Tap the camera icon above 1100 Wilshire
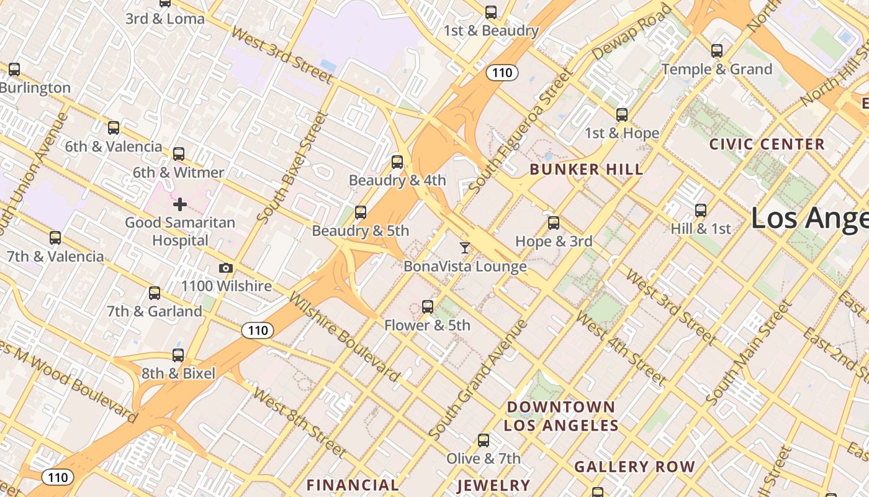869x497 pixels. [x=226, y=268]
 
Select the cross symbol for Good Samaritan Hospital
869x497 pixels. [x=180, y=204]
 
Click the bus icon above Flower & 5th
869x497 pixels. [x=427, y=306]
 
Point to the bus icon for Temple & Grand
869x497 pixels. [x=717, y=51]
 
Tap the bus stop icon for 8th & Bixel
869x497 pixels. [x=178, y=355]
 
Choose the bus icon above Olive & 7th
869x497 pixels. [x=484, y=440]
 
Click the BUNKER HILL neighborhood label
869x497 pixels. [x=586, y=170]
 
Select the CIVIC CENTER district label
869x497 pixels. [x=767, y=145]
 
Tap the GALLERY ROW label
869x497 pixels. [x=634, y=467]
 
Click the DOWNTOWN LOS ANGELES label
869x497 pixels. [x=561, y=416]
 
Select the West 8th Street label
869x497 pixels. [x=299, y=422]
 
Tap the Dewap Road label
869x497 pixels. [x=632, y=32]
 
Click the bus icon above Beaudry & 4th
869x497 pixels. [x=397, y=163]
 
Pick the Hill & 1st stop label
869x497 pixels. [x=701, y=229]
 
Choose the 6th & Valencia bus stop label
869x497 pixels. [x=114, y=147]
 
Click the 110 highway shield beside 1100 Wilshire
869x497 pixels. [x=257, y=331]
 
